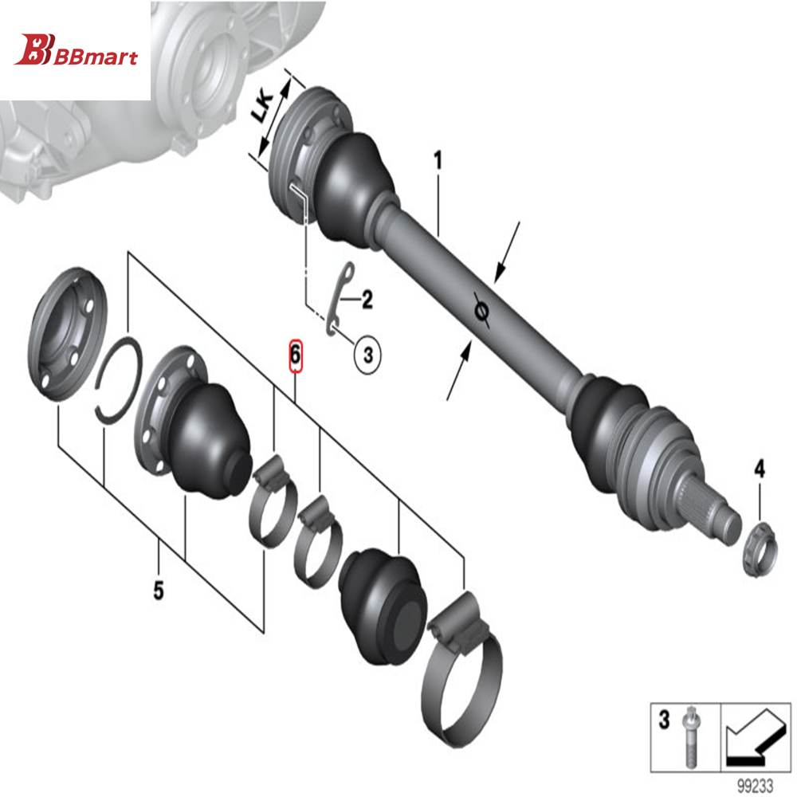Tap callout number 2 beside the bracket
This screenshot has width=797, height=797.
pyautogui.click(x=367, y=300)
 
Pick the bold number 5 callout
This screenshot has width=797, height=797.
pyautogui.click(x=159, y=591)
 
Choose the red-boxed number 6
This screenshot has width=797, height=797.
pyautogui.click(x=295, y=354)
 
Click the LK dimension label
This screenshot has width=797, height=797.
pyautogui.click(x=263, y=104)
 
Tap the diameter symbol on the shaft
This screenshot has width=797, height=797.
pyautogui.click(x=481, y=310)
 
